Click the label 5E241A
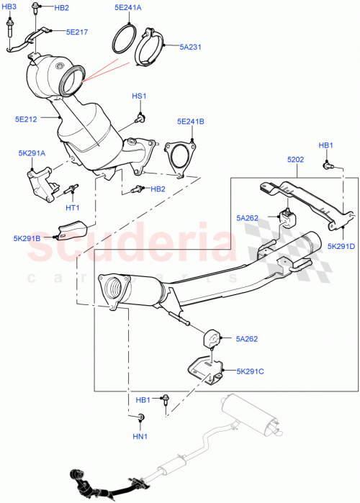point(128,8)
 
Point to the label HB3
point(8,6)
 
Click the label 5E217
point(77,32)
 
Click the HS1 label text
point(138,96)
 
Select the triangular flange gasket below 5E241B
point(176,158)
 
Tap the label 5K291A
point(32,153)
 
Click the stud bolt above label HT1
point(72,191)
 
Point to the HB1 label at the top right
point(326,146)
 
